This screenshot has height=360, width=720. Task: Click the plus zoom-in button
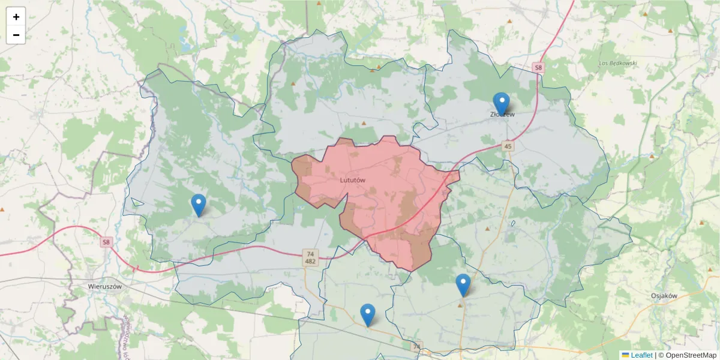[x=16, y=17]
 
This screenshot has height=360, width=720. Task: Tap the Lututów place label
[x=352, y=179]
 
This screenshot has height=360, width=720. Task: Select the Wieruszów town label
[x=104, y=286]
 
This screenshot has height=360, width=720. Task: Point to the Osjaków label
[x=664, y=295]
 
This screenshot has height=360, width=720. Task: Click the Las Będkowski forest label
[x=617, y=63]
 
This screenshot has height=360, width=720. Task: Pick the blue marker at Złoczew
[x=501, y=103]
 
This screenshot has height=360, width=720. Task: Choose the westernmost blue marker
[x=198, y=205]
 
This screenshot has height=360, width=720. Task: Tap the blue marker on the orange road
[x=367, y=314]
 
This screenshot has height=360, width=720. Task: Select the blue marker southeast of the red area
[x=463, y=285]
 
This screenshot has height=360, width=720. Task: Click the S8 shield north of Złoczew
[x=538, y=68]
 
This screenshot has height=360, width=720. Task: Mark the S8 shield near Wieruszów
[x=106, y=242]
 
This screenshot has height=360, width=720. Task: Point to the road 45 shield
[x=508, y=146]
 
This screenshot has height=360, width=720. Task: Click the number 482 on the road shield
[x=310, y=262]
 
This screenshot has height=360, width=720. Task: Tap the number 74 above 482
[x=310, y=254]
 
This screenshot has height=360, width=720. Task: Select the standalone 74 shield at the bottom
[x=417, y=346]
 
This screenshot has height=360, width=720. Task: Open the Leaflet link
[x=641, y=355]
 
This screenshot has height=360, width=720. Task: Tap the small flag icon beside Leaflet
[x=625, y=355]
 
